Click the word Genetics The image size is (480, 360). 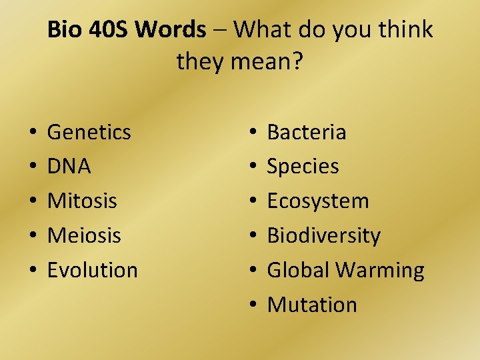click(x=89, y=132)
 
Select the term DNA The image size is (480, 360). click(x=69, y=167)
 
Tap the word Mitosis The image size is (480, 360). click(x=82, y=201)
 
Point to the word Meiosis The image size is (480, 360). click(x=84, y=235)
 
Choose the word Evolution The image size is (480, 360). click(x=93, y=270)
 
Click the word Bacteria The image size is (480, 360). click(x=307, y=132)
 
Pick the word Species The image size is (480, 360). click(x=303, y=167)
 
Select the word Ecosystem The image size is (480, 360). click(x=317, y=201)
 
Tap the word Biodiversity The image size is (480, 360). click(x=323, y=235)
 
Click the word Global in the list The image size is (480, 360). click(x=298, y=270)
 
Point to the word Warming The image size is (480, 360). click(x=379, y=271)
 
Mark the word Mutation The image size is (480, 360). click(x=312, y=305)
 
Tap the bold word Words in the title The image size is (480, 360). click(x=171, y=29)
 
